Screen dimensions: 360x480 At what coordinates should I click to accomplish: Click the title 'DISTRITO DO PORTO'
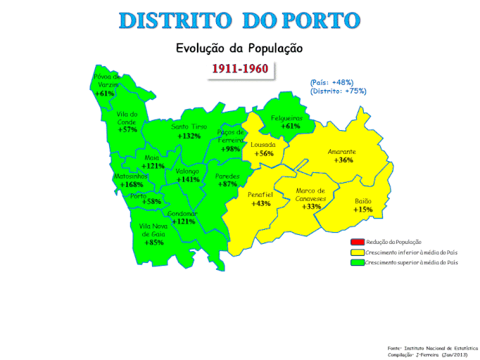coord(239,20)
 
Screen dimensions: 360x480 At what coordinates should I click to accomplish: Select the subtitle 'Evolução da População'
coord(239,49)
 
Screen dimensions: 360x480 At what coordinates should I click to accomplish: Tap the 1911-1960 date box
coord(239,70)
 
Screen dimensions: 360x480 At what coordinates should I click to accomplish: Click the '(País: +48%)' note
coord(331,82)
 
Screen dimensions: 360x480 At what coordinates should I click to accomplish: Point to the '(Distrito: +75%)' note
coord(338,91)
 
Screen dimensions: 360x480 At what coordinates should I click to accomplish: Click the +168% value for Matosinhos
coord(132,185)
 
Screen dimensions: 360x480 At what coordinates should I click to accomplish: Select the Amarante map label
coord(342,152)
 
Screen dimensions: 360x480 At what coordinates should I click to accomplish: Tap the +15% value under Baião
coord(363,210)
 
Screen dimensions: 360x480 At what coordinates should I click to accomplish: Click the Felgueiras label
coord(286,118)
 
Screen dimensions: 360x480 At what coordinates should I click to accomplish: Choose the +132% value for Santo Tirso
coord(189,136)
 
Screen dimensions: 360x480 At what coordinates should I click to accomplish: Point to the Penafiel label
coord(260,195)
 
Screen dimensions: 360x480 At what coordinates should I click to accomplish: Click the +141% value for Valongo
coord(189,180)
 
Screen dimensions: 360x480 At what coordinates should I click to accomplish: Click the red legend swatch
coord(356,242)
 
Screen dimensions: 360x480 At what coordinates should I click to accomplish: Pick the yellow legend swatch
coord(356,252)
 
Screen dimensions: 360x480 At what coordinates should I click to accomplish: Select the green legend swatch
coord(356,262)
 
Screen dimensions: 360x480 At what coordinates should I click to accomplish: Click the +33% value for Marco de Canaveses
coord(310,207)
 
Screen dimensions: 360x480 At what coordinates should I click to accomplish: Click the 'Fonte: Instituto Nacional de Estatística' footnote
coord(431,347)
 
